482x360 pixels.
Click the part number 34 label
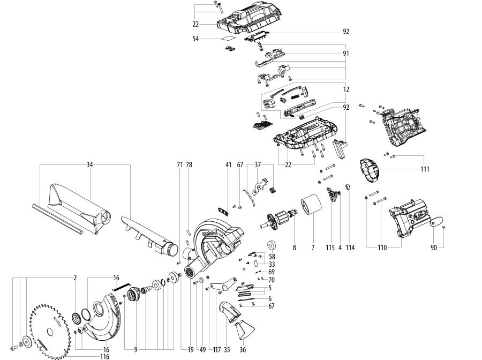[x=90, y=166]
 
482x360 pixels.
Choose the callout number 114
[x=350, y=248]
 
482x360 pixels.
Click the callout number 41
[x=228, y=166]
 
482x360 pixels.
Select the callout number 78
[x=189, y=166]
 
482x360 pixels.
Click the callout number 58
[x=272, y=257]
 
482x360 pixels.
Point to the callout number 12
[x=346, y=89]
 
